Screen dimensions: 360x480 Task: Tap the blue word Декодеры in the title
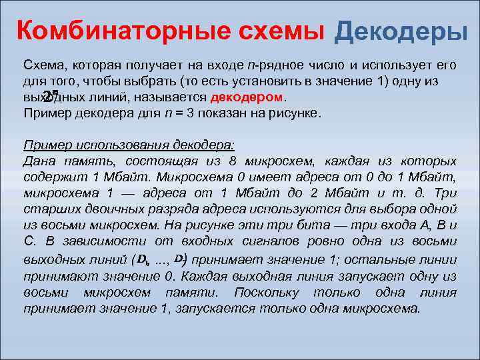(x=401, y=30)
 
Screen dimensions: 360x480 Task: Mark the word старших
(x=50, y=209)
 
